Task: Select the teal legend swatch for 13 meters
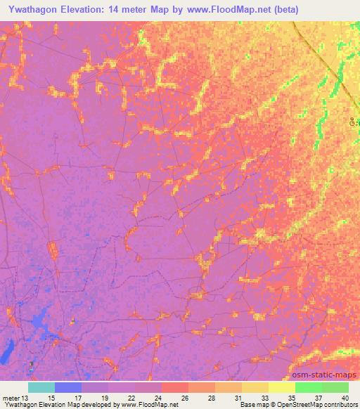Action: point(41,387)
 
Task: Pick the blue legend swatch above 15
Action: point(67,387)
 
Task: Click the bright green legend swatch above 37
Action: point(308,387)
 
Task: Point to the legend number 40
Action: point(344,397)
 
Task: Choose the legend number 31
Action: point(238,397)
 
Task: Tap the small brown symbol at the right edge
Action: point(354,122)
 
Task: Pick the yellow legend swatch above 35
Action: point(281,387)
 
